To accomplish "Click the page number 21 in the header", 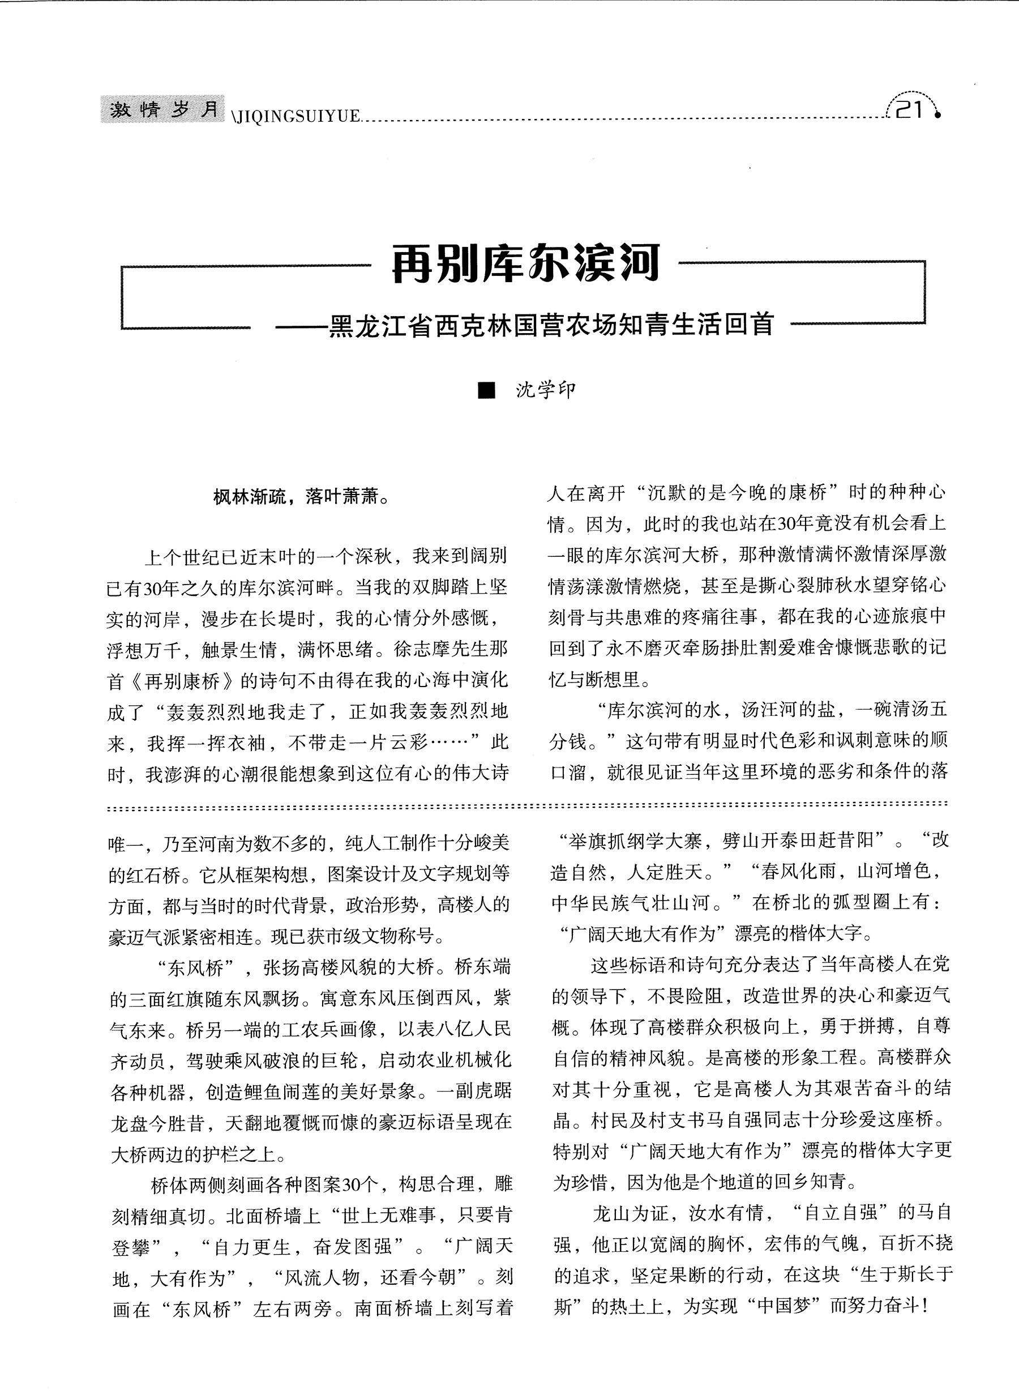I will coord(908,110).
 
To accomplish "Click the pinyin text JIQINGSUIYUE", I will coord(296,116).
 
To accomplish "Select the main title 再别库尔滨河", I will coord(526,264).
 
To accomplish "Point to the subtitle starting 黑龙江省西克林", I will coord(550,325).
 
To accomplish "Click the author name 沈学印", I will coord(545,390).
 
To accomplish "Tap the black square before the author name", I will coord(487,391).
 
